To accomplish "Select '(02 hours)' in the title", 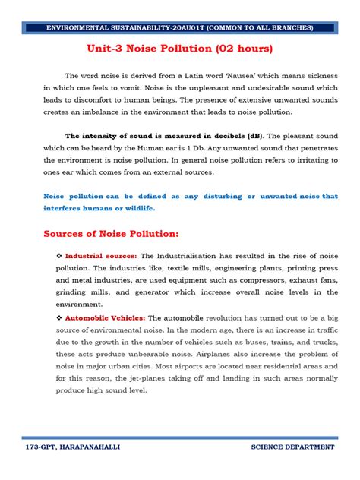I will [238, 49].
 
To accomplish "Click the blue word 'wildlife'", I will [138, 207].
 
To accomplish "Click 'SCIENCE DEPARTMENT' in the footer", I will [292, 447].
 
